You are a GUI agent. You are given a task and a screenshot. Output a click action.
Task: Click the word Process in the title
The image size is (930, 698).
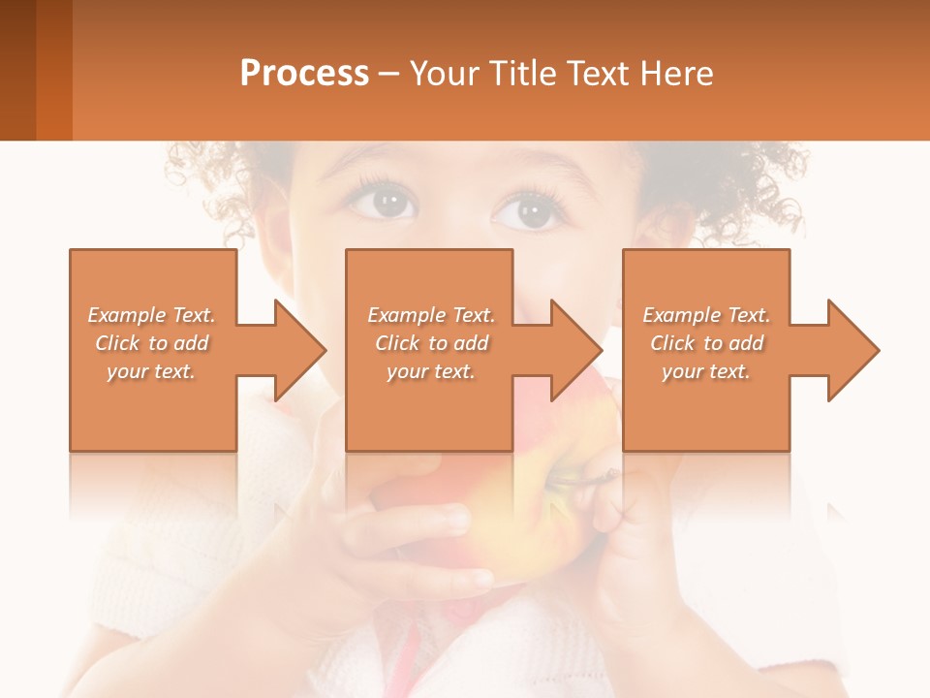(304, 74)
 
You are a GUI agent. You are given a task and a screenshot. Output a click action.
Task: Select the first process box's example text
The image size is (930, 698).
(151, 343)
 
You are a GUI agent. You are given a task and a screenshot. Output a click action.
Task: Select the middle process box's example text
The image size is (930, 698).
(430, 343)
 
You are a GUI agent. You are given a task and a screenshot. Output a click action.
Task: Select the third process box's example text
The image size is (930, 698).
(706, 343)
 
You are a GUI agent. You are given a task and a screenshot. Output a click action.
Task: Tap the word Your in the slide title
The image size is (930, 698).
(444, 74)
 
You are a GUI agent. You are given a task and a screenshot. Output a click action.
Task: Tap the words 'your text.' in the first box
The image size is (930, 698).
(151, 371)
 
